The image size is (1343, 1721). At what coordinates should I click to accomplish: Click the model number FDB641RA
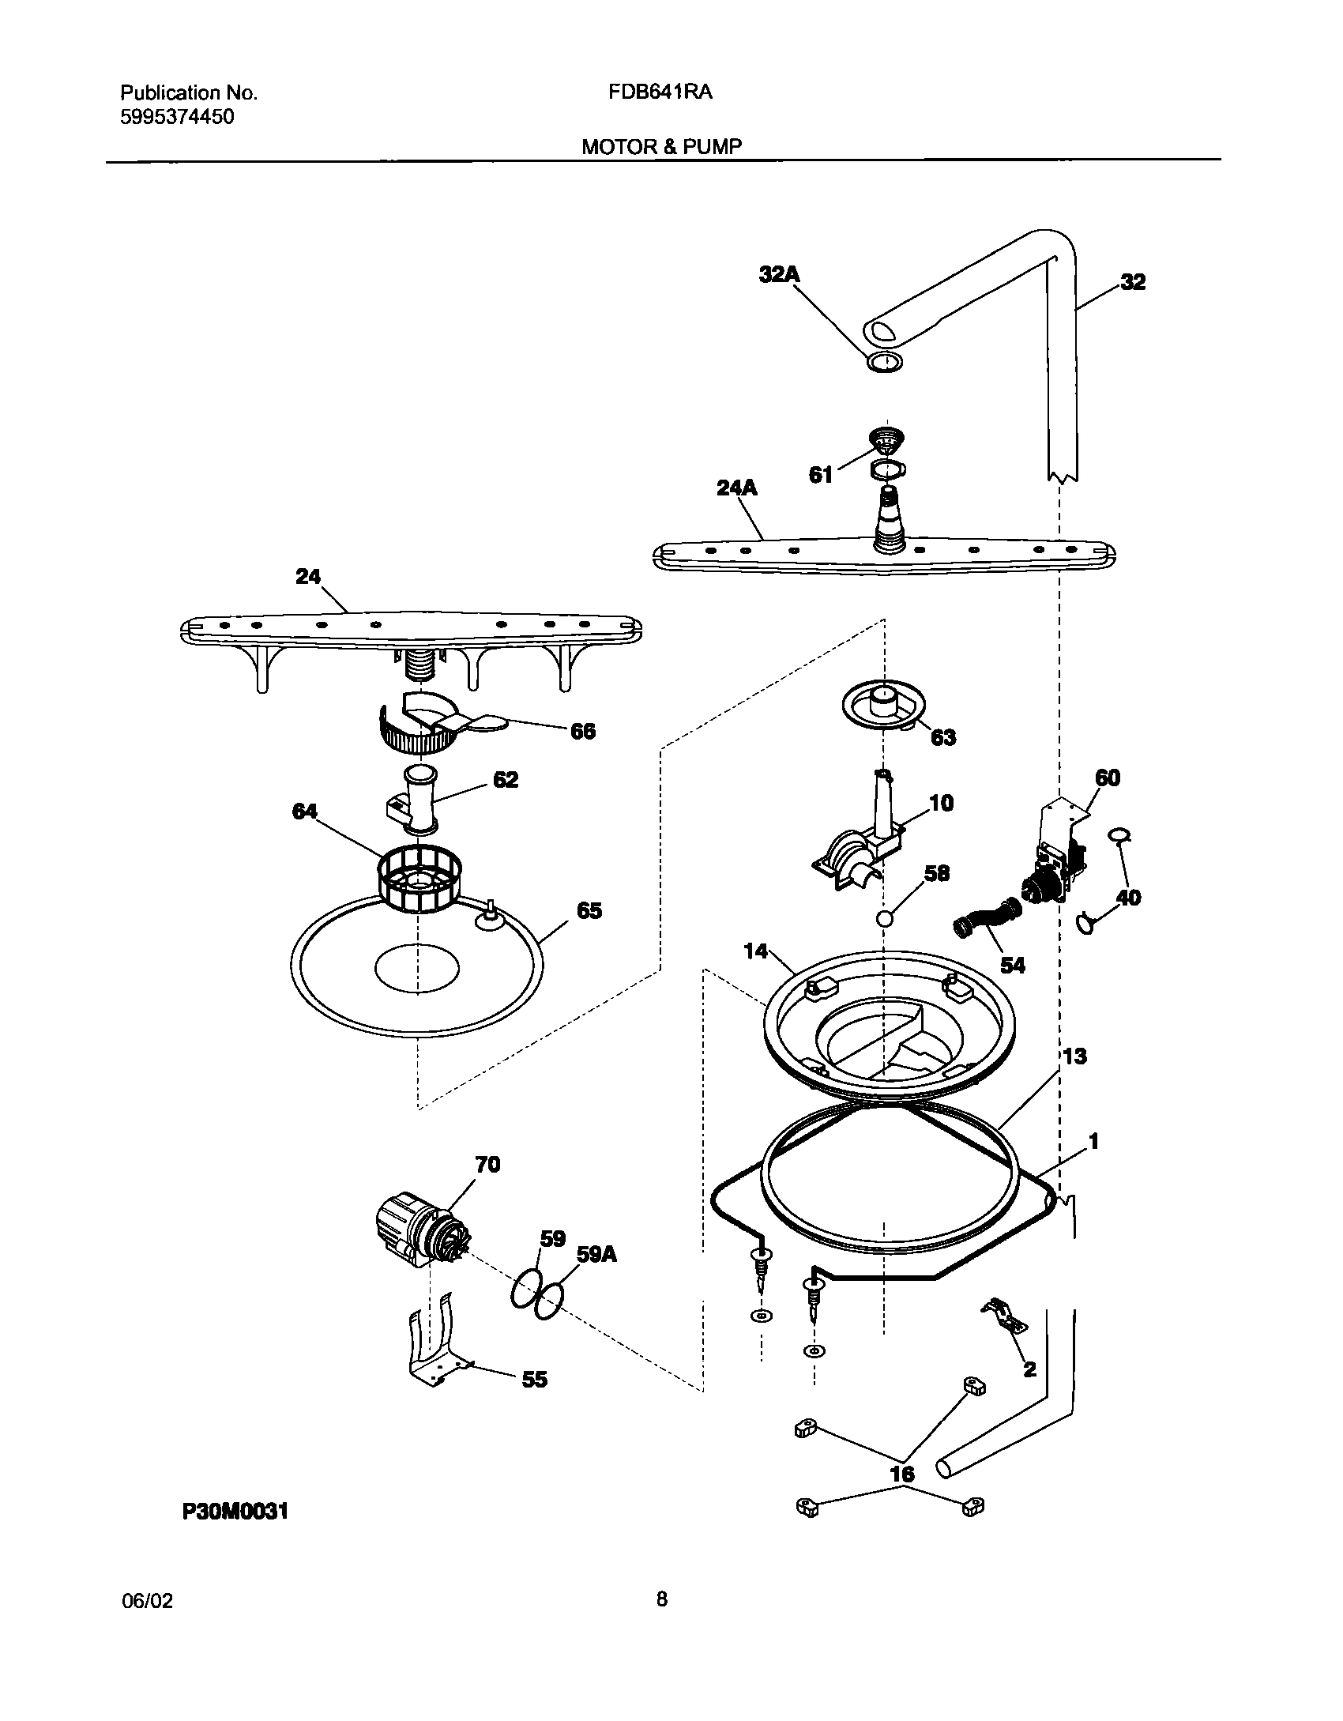[660, 92]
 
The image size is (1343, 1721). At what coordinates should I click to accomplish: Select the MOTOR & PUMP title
[661, 147]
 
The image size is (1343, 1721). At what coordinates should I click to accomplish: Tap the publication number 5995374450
[177, 118]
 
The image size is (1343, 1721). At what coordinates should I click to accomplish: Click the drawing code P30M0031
[235, 1512]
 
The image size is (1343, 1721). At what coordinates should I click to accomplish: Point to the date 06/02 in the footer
[147, 1601]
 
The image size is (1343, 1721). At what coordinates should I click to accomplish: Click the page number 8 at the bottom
[661, 1600]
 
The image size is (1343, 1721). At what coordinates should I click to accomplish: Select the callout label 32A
[779, 275]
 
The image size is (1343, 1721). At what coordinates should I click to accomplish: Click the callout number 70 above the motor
[487, 1165]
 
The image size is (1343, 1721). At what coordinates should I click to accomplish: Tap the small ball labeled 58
[885, 919]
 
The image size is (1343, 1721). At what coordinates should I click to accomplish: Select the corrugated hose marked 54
[987, 921]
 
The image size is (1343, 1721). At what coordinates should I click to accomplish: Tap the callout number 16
[901, 1474]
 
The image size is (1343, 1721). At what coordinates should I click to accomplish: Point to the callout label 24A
[736, 489]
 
